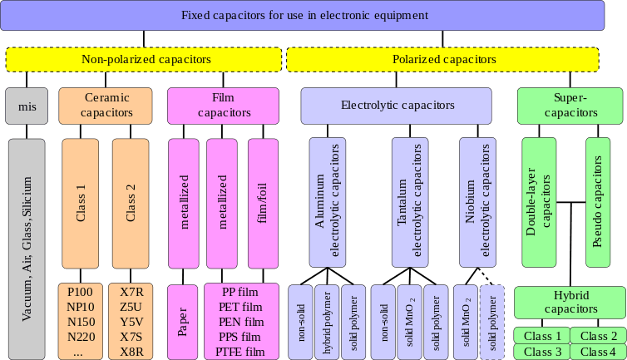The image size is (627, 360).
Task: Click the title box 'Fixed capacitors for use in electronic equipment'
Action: [x=304, y=16]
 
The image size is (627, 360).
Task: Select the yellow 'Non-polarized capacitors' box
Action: [x=146, y=60]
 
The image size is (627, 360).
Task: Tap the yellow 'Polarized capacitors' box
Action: [x=443, y=60]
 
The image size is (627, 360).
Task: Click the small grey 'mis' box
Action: [x=27, y=106]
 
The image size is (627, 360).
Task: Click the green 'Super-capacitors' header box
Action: [x=570, y=106]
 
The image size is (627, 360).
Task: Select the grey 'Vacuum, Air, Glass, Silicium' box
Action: [x=27, y=248]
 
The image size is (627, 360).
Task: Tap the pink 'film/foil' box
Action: [x=263, y=202]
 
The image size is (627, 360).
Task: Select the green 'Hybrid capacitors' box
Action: [x=570, y=303]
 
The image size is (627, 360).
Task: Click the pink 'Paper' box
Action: [x=182, y=321]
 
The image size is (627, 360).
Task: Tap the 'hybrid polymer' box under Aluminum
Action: [x=327, y=321]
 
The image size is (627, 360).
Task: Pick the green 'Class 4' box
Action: [x=599, y=352]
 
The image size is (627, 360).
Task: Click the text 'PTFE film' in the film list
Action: [x=241, y=352]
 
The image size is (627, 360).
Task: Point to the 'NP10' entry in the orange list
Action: [x=81, y=307]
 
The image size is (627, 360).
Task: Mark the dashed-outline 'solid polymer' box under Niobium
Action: [x=492, y=321]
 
